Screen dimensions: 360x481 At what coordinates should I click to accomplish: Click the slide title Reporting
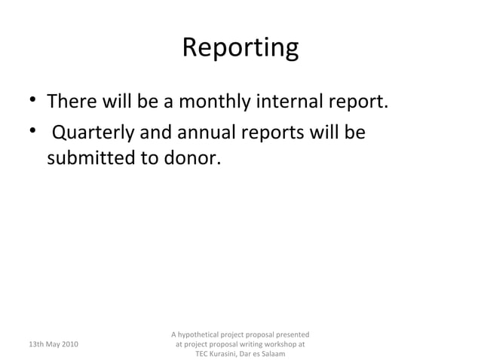240,47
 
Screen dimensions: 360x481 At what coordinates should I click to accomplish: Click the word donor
195,160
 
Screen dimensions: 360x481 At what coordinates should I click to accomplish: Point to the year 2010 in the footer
75,344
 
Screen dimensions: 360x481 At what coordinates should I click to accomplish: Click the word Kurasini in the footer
228,354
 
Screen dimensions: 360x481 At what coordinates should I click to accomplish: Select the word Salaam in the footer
272,354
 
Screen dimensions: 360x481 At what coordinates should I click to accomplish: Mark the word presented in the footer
291,334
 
